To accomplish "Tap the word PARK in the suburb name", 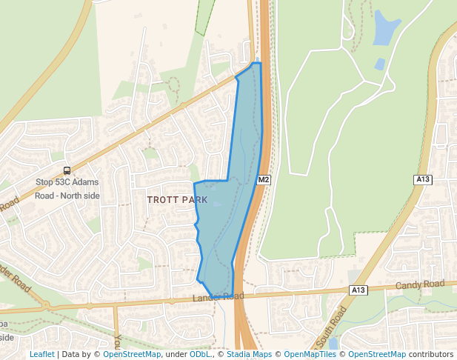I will (x=193, y=200).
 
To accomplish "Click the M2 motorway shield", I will (x=264, y=180).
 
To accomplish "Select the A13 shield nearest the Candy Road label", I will (x=358, y=289).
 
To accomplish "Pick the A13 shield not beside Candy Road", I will (x=423, y=179).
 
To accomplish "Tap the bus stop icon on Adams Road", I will (x=67, y=170).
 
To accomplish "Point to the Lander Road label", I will (x=218, y=297).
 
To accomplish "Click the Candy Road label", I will (x=420, y=284).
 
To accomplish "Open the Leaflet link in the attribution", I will (x=41, y=354).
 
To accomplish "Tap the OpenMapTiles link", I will (x=310, y=354).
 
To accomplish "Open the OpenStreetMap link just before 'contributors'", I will (x=377, y=354).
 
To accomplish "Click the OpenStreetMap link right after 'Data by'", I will (x=132, y=354).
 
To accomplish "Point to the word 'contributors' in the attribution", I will (x=431, y=354).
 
